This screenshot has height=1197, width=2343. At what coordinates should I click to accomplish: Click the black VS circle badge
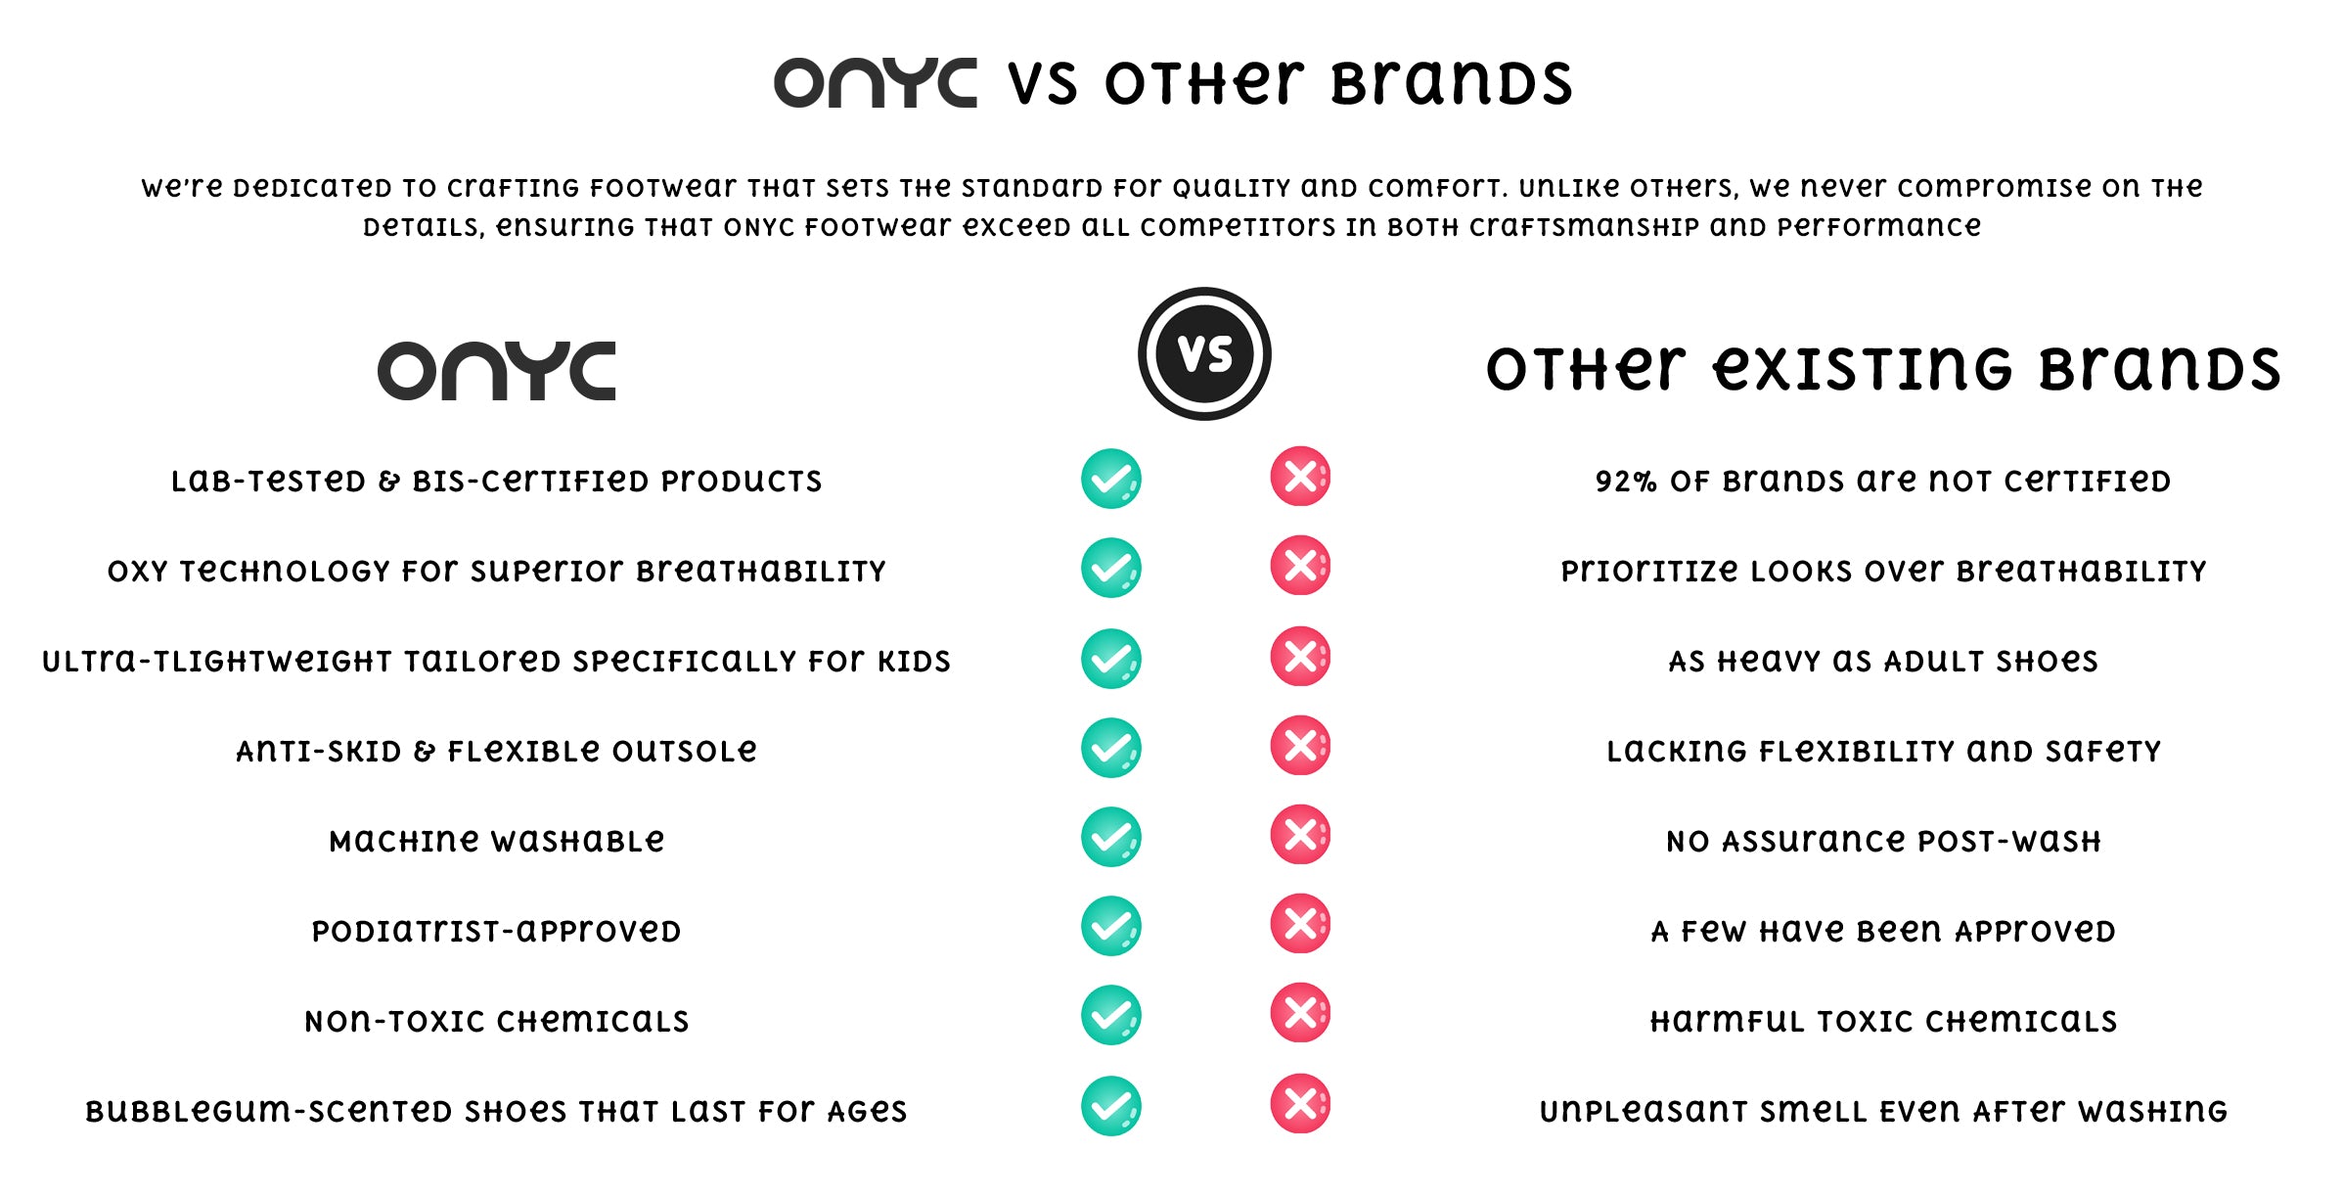pyautogui.click(x=1204, y=353)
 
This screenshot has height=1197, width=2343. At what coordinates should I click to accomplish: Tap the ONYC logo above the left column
pyautogui.click(x=497, y=371)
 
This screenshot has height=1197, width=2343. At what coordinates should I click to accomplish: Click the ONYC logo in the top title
pyautogui.click(x=875, y=83)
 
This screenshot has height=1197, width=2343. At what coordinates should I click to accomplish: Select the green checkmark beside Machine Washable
pyautogui.click(x=1111, y=837)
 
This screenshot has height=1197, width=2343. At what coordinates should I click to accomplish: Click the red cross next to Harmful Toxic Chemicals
pyautogui.click(x=1300, y=1013)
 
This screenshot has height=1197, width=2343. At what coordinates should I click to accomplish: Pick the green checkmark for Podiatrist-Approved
pyautogui.click(x=1111, y=926)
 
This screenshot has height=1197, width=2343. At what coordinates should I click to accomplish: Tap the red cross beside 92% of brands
pyautogui.click(x=1300, y=477)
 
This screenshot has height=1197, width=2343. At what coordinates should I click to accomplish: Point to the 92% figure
pyautogui.click(x=1626, y=482)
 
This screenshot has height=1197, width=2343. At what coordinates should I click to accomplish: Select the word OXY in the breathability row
pyautogui.click(x=137, y=572)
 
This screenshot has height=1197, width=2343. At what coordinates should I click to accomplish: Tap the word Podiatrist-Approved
pyautogui.click(x=497, y=931)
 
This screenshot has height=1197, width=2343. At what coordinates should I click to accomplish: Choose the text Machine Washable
pyautogui.click(x=497, y=841)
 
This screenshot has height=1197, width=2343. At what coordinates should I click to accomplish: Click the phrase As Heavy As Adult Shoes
pyautogui.click(x=1883, y=662)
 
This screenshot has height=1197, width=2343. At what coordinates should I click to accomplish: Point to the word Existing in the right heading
pyautogui.click(x=1863, y=369)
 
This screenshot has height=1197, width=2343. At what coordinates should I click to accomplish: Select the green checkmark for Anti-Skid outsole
pyautogui.click(x=1111, y=748)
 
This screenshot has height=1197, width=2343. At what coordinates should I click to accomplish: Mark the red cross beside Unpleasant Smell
pyautogui.click(x=1300, y=1104)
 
